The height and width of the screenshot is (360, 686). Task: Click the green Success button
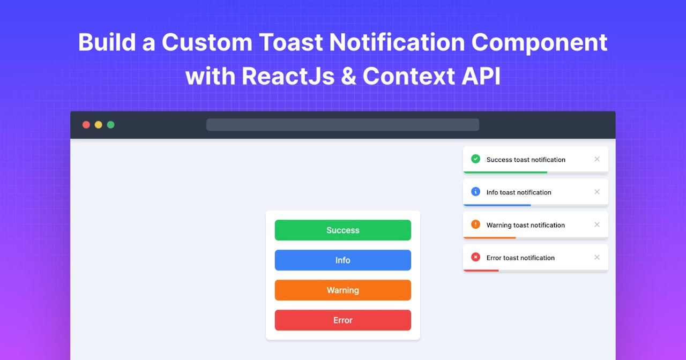pos(342,230)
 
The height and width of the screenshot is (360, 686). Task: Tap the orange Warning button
pos(342,290)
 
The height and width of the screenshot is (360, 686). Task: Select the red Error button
pos(342,320)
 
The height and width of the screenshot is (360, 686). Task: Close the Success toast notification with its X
pos(597,159)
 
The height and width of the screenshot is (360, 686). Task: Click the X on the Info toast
pos(597,192)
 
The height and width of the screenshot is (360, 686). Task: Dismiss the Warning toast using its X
pos(597,224)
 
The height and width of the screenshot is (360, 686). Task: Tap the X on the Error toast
pos(597,257)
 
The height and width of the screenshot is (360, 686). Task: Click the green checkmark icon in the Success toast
pos(475,159)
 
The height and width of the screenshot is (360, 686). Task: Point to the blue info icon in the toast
pos(475,191)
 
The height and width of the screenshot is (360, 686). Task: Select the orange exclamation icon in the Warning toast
pos(475,224)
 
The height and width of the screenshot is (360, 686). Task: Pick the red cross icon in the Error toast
pos(475,257)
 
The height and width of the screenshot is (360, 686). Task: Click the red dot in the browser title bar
pos(86,125)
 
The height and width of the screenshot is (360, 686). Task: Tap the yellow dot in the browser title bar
pos(99,125)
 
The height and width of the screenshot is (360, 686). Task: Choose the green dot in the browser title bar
pos(111,125)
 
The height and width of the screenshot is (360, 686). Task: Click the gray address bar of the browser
pos(342,125)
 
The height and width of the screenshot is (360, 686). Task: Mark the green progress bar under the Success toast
pos(505,172)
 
